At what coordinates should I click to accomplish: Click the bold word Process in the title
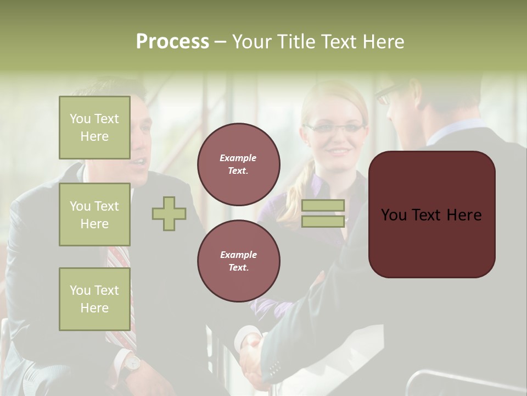coord(172,42)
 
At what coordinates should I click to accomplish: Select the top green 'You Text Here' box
coord(94,128)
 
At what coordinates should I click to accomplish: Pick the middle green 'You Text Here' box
coord(94,215)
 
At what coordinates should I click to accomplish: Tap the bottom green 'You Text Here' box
coord(94,299)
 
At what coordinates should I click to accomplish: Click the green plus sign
coord(169,213)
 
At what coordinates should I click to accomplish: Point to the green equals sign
coord(323,213)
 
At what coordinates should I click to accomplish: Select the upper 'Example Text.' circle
coord(238,164)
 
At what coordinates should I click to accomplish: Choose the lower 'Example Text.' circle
coord(238,261)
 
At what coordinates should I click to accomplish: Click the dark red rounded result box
coord(431,215)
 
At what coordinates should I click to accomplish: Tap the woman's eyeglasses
coord(335,128)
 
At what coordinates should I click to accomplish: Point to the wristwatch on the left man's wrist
coord(132,362)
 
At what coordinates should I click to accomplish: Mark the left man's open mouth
coord(139,162)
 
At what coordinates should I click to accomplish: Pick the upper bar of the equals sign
coord(323,205)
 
